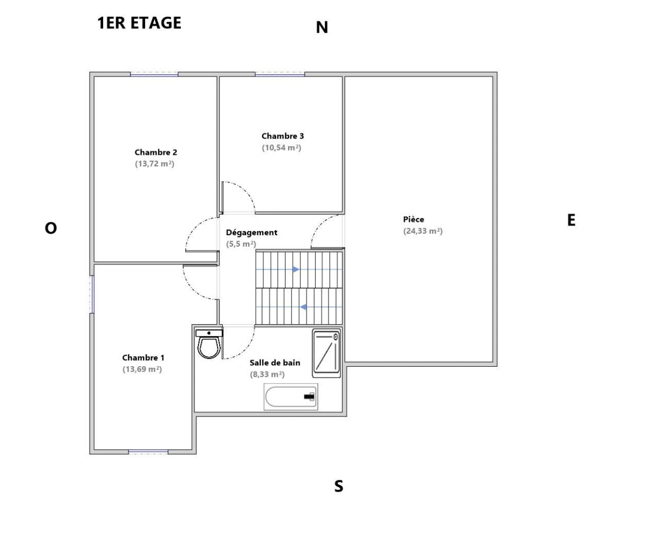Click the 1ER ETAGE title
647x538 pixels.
[140, 23]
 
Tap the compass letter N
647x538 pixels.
[322, 28]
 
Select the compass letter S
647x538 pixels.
[338, 486]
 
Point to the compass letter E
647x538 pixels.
[571, 220]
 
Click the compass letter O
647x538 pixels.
[51, 228]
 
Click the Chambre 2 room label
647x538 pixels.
[156, 152]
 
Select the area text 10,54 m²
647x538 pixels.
[282, 148]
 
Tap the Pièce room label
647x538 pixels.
[414, 219]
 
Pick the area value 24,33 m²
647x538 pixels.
[423, 231]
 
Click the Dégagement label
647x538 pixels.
[252, 233]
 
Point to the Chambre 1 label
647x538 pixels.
[143, 358]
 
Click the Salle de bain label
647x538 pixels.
[275, 363]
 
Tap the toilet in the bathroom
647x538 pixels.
[209, 344]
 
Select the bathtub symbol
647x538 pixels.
[291, 397]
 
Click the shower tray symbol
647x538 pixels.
[326, 353]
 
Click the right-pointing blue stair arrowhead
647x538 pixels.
[296, 269]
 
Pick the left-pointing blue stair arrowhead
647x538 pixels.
[303, 307]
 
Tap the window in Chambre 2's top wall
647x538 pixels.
[154, 74]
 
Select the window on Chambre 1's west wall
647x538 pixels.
[92, 294]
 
